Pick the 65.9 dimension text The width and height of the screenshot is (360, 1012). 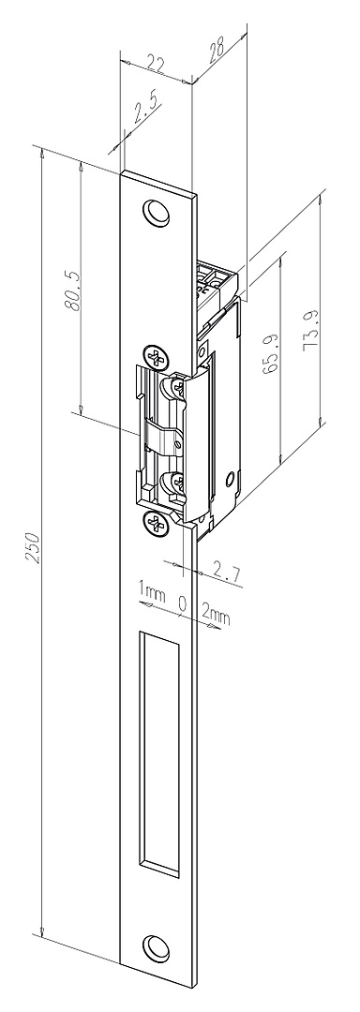270,353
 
